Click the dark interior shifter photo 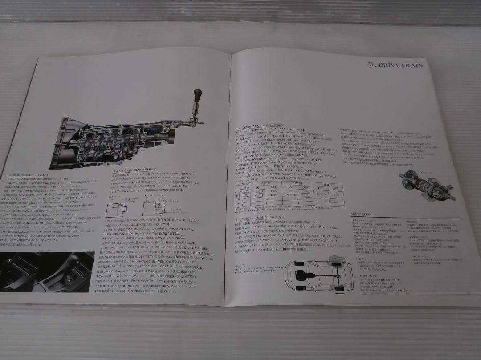click(47, 272)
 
